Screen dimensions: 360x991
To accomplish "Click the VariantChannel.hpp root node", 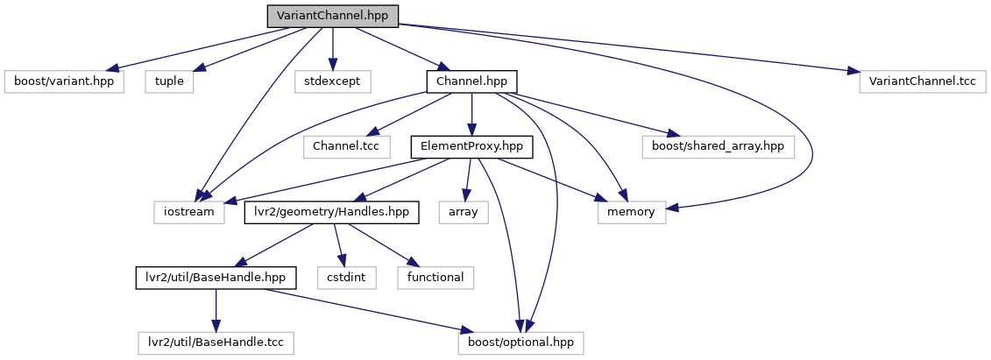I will point(332,16).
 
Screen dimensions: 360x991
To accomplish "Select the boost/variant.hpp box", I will point(64,81).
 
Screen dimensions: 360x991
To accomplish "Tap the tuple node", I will point(170,81).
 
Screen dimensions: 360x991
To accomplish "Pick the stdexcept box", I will point(332,81).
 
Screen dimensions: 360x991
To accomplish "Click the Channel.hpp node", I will point(471,81).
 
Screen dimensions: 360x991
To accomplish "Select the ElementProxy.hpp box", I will point(471,147).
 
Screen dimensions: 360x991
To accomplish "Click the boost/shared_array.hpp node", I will point(718,147).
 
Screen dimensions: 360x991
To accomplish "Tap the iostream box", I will point(188,212).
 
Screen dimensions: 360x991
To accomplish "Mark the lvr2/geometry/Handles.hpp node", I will point(331,212).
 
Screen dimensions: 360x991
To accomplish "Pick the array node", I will point(470,212).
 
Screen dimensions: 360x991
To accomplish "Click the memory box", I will point(632,212).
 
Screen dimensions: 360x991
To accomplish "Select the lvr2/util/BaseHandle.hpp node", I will point(216,278).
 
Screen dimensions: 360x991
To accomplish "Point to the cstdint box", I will point(348,278).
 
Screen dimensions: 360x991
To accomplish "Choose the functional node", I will point(435,278).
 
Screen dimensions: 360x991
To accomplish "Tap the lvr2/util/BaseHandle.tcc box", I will point(216,342).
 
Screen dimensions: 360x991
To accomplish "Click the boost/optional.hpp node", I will point(520,342).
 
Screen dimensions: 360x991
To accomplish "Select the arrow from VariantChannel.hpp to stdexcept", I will point(332,48).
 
